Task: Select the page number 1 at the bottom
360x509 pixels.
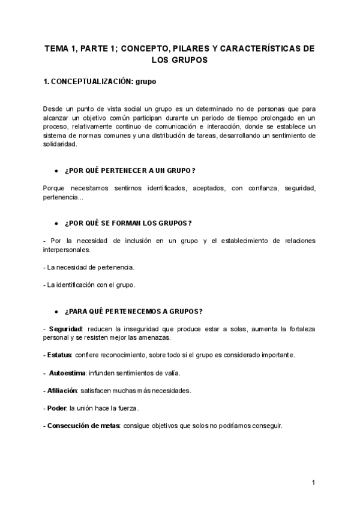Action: [x=313, y=483]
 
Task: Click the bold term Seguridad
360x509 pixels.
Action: [x=66, y=330]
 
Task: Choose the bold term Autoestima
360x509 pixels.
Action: [x=67, y=373]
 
